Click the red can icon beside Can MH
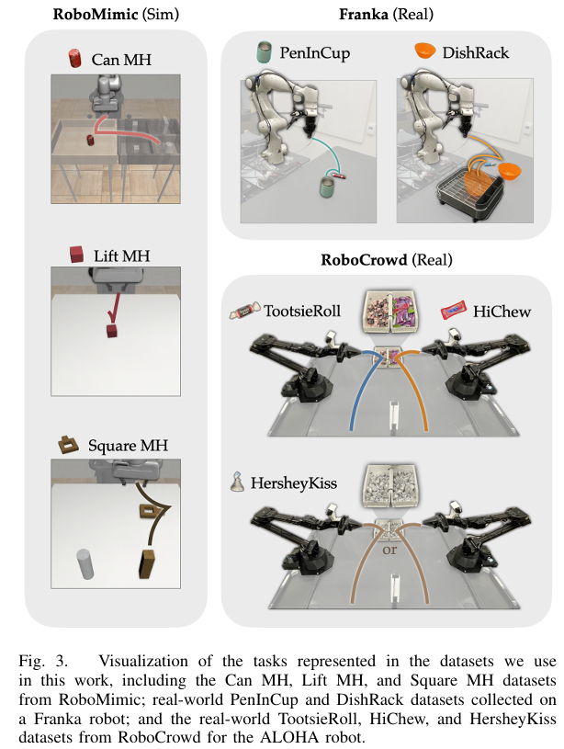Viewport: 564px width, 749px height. (74, 58)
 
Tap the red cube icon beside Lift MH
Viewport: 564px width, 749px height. (76, 255)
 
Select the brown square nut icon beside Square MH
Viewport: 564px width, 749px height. (68, 444)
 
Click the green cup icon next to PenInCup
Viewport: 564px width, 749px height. (264, 52)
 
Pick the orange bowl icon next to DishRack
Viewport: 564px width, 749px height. (424, 51)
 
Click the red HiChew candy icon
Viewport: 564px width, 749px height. (452, 310)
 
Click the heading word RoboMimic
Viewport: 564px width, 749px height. (95, 14)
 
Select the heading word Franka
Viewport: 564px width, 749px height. (363, 14)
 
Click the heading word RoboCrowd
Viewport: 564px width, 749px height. (364, 259)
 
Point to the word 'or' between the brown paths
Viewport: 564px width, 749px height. (389, 550)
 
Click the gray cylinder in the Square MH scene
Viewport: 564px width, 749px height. (85, 563)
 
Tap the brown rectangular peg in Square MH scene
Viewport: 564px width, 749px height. (148, 564)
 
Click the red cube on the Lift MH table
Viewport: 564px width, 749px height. (112, 331)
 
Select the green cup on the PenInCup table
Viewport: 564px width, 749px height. (328, 187)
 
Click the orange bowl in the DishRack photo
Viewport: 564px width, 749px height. (509, 171)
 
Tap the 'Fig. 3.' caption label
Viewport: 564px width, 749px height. (43, 661)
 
